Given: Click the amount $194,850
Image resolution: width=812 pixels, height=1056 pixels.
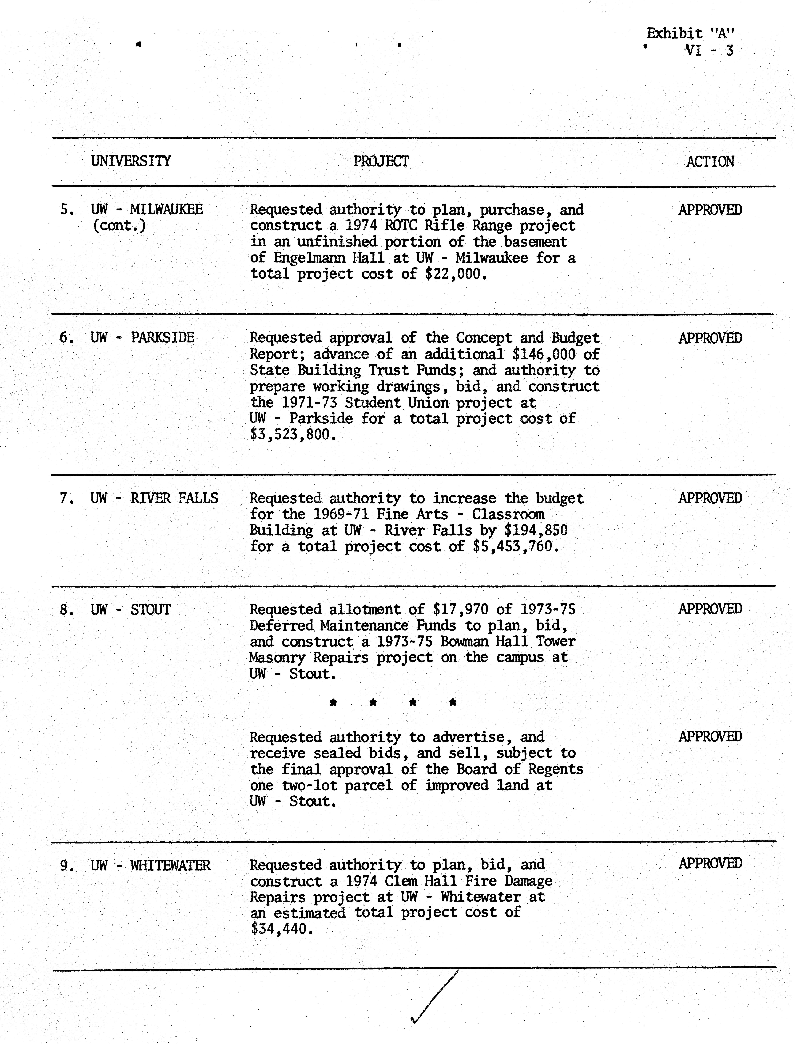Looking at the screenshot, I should coord(536,530).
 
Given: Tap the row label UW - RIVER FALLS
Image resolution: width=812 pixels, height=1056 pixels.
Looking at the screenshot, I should coord(154,498).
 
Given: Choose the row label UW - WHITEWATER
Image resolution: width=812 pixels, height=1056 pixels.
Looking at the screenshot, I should coord(150,865).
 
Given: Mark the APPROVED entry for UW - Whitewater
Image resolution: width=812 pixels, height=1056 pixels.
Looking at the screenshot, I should coord(710,864).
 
